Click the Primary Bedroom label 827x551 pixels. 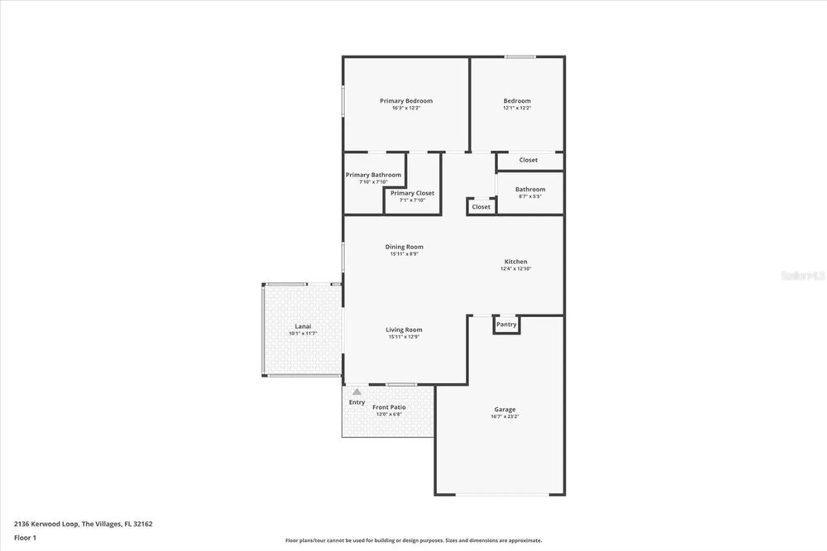(406, 101)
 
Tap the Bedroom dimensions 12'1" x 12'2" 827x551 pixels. (517, 108)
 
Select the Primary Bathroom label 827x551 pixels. (373, 175)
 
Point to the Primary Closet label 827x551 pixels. (412, 193)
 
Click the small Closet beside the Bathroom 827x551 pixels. (481, 207)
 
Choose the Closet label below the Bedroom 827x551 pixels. (528, 160)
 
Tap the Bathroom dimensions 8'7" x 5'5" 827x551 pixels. (530, 196)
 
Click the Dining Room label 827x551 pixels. (404, 247)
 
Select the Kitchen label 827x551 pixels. (516, 262)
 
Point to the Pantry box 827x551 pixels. (506, 325)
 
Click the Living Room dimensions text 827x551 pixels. (404, 337)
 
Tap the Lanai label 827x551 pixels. (303, 326)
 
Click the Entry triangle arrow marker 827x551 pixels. (357, 392)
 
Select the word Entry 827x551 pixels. (357, 402)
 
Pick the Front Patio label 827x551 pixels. (389, 407)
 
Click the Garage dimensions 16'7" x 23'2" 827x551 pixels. (504, 417)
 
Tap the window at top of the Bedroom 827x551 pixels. (520, 57)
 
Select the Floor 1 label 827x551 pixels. (25, 538)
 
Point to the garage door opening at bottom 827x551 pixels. (502, 494)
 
